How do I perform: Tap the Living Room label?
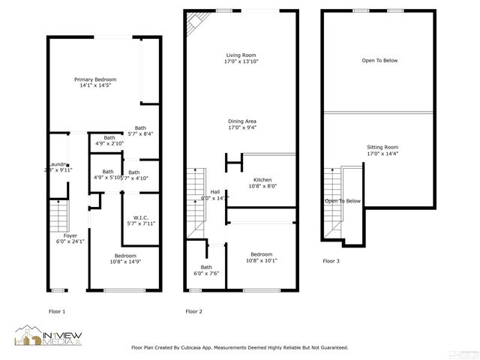(242, 58)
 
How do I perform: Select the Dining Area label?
(242, 124)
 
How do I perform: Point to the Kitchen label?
(262, 183)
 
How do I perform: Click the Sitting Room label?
(382, 150)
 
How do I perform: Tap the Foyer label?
(70, 238)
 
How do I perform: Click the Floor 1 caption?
(56, 311)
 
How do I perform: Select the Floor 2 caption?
(193, 311)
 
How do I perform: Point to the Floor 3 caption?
(331, 261)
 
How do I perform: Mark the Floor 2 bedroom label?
(262, 257)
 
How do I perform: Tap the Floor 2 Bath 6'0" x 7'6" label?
(206, 271)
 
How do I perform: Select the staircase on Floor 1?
(58, 216)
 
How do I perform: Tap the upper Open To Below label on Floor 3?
(379, 61)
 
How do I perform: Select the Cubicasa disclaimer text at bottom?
(239, 348)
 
